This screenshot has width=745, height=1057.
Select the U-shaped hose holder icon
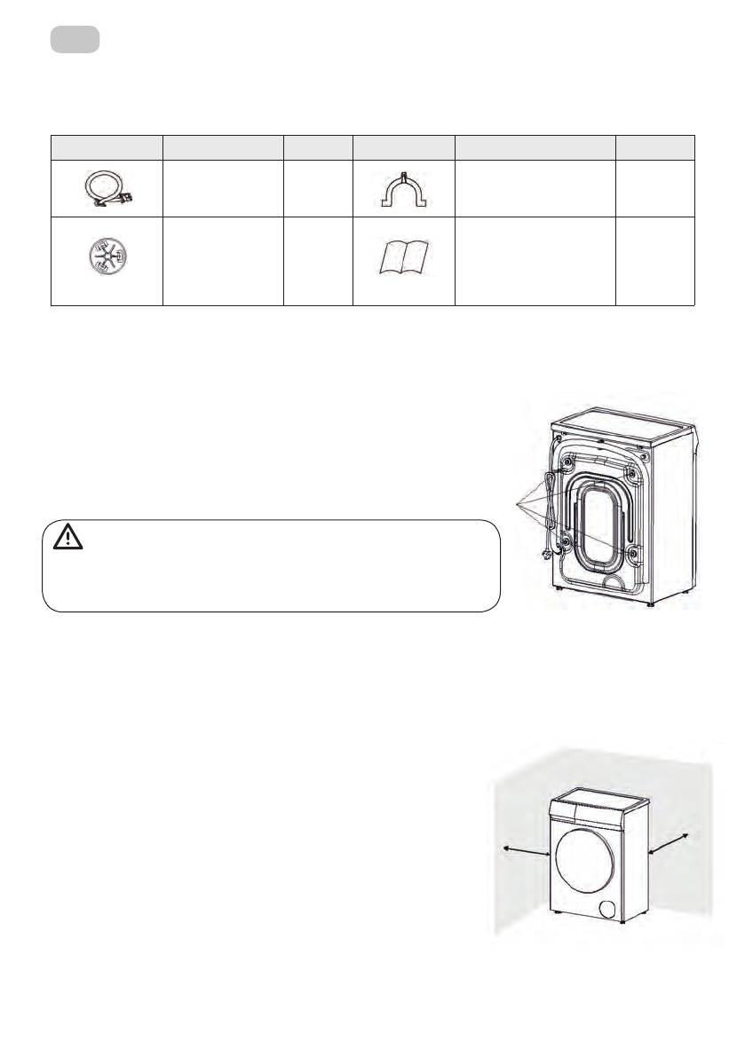click(403, 186)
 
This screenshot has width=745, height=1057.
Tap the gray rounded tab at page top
click(75, 40)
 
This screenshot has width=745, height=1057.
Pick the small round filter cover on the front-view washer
click(609, 910)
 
